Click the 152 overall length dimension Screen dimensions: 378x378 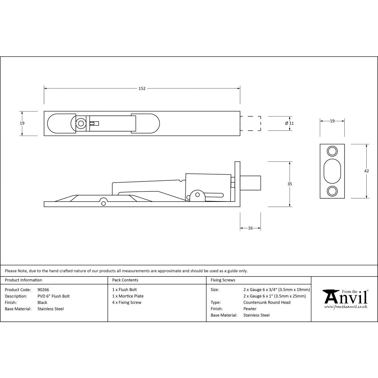142,88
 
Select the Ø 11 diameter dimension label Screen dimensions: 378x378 289,123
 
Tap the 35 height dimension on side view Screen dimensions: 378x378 290,184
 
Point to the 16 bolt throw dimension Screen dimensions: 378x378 250,228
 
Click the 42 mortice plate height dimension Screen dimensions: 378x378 366,171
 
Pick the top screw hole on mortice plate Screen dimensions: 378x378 332,151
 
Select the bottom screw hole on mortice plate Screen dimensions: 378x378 332,191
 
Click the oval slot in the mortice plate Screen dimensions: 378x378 332,171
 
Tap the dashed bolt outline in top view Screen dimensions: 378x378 251,123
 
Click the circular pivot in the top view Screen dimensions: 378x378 80,123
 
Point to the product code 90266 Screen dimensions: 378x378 43,290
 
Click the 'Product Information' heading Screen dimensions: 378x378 23,280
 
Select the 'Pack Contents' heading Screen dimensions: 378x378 125,280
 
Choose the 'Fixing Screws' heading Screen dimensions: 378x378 223,280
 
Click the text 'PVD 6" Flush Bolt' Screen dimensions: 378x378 54,296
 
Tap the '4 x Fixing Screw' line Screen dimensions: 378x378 127,302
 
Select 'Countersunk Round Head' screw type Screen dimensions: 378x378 267,302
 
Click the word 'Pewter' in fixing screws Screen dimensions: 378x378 250,309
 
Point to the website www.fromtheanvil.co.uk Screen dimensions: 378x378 346,307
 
